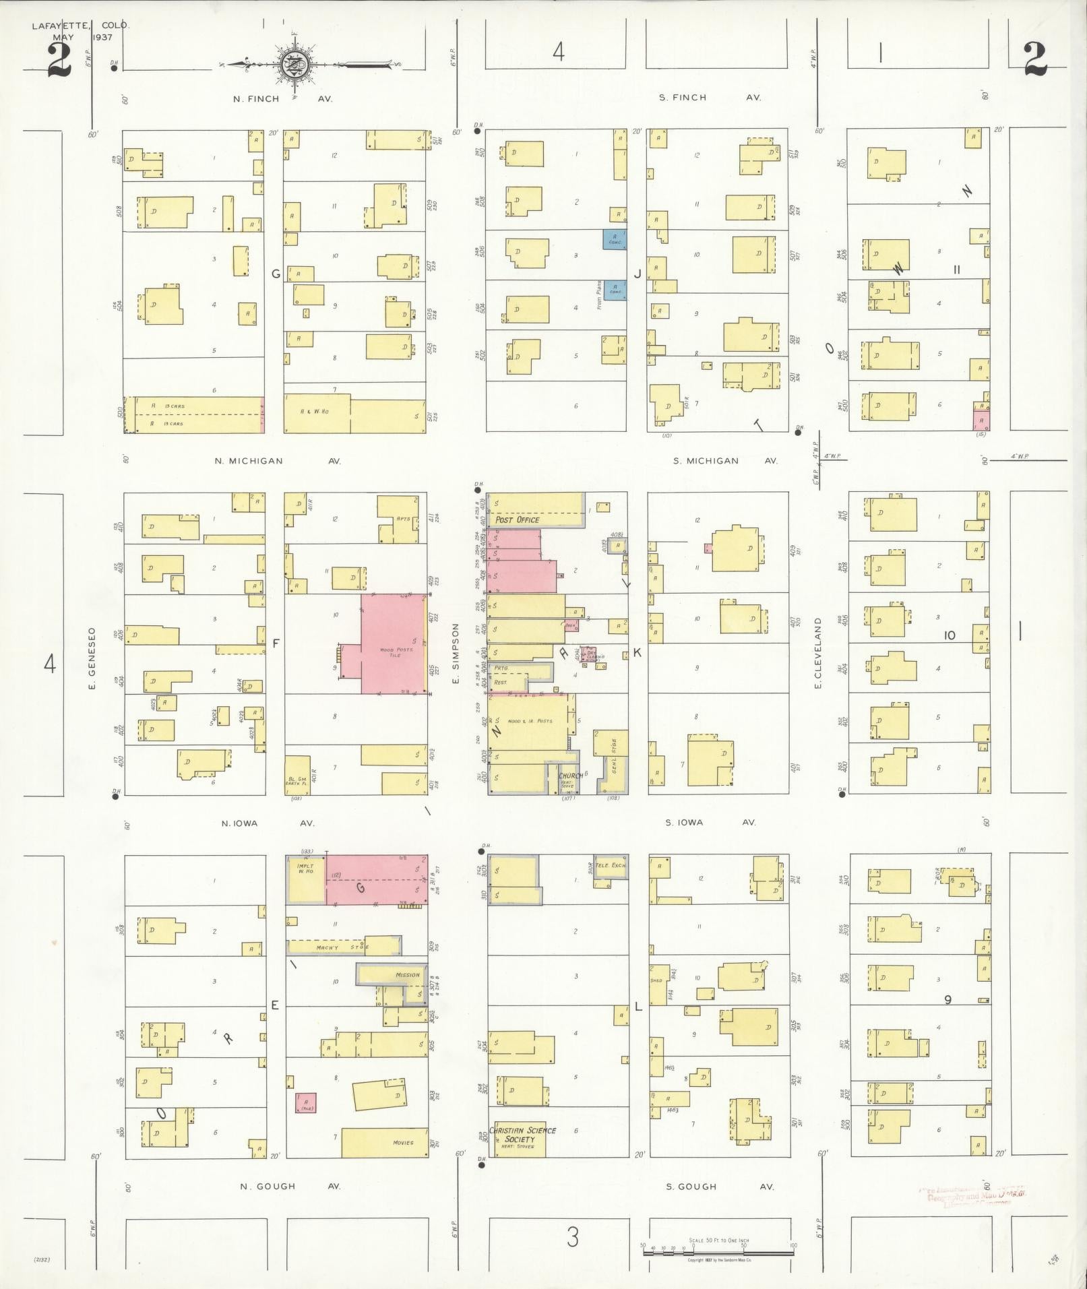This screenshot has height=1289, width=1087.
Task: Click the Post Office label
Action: coord(518,520)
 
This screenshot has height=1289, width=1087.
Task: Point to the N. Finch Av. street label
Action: coord(282,98)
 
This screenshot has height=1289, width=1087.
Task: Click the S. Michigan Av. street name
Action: coord(725,461)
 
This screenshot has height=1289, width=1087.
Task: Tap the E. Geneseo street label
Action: coord(93,658)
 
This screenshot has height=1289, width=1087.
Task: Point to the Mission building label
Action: coord(408,974)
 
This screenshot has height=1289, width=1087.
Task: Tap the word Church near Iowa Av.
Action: coord(569,776)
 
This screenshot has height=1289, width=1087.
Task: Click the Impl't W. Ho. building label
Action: coord(305,870)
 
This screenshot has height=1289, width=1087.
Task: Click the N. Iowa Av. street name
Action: coord(268,823)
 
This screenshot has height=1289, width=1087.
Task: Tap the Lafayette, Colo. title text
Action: coord(80,26)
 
